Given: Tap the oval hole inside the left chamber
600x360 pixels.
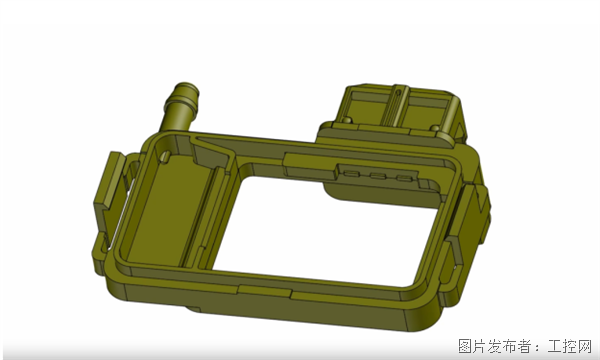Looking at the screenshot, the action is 165,156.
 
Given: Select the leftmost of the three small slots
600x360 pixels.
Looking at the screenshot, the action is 351,174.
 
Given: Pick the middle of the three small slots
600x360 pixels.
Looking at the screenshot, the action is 378,176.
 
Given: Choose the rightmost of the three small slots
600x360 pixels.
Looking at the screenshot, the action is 404,178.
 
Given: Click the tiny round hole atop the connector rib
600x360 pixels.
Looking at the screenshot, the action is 398,92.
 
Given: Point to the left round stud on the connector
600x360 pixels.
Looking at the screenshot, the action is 346,120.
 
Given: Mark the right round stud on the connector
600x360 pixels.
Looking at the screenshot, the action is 435,128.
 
